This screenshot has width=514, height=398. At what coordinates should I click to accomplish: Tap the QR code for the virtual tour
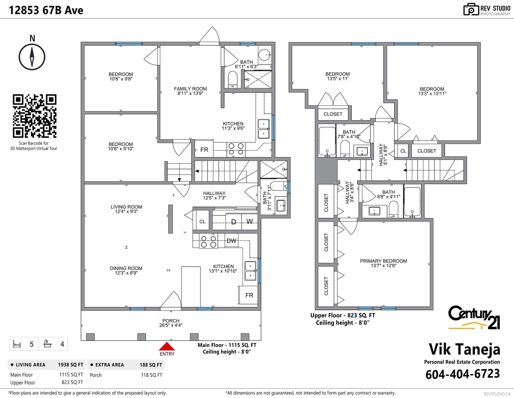[35, 116]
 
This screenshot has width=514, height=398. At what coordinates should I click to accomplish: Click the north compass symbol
[32, 57]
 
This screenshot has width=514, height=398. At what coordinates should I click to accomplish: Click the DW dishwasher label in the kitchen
[231, 241]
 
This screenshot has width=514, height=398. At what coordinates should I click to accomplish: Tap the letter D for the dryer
[234, 222]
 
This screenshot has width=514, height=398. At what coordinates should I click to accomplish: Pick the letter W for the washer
[250, 221]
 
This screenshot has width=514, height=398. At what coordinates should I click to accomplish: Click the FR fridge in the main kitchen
[249, 295]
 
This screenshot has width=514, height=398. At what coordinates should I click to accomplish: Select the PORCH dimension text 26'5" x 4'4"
[171, 325]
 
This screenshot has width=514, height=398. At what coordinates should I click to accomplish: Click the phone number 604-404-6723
[462, 374]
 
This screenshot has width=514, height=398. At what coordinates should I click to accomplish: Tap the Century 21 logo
[474, 317]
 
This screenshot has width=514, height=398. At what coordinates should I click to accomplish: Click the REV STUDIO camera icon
[471, 9]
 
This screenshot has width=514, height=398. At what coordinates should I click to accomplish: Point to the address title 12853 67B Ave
[46, 10]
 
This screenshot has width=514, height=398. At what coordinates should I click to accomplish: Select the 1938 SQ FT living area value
[71, 365]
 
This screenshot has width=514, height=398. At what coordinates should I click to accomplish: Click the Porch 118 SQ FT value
[151, 375]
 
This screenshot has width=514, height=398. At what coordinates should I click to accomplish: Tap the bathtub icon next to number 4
[48, 344]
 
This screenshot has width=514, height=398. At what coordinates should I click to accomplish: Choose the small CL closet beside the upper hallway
[403, 151]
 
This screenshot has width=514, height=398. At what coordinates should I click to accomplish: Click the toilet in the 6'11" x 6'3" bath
[233, 80]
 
